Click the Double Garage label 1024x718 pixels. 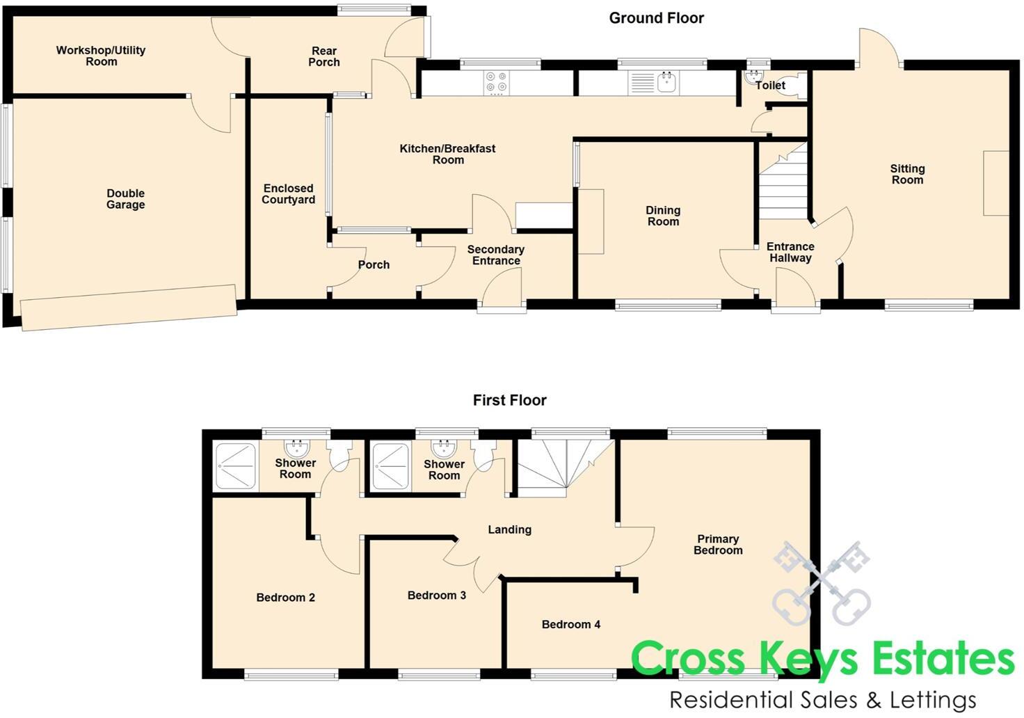point(126,199)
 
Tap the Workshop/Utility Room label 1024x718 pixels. point(101,56)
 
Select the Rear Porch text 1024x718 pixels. point(324,56)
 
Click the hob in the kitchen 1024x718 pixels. point(496,82)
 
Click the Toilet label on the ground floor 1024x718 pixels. point(770,86)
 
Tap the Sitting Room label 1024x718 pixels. point(907,174)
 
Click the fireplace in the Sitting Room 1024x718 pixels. point(995,183)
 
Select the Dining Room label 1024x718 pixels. point(663,216)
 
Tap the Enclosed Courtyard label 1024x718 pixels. point(288,194)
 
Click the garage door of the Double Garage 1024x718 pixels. point(129,307)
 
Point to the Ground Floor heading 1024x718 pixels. point(656,18)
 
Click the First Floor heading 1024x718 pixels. point(509,400)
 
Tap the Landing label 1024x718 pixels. point(509,529)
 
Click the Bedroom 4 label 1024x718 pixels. point(570,624)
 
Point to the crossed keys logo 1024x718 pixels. point(821,583)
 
